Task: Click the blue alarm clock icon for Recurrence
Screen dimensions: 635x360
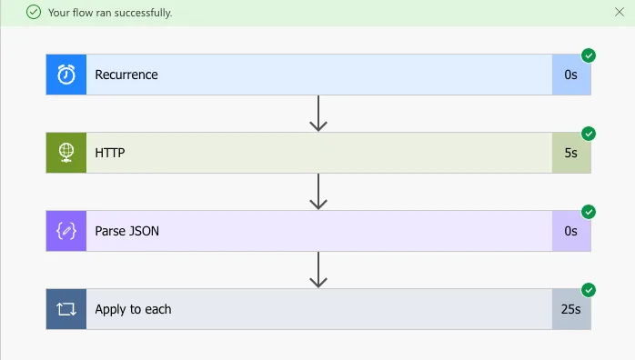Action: point(66,75)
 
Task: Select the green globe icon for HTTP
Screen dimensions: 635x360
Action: point(66,153)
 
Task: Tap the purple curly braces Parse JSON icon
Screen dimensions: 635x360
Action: point(66,231)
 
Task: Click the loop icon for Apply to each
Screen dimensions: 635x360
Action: point(66,309)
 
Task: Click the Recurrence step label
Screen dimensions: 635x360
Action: point(126,75)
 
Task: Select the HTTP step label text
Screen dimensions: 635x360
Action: point(110,153)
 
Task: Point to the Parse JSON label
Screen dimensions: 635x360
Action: point(127,231)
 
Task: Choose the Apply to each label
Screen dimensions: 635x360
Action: point(133,309)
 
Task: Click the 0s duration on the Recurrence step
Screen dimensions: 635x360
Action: point(570,75)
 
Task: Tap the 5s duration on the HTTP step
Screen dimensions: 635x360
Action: point(570,153)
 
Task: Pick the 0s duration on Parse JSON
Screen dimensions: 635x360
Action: point(570,231)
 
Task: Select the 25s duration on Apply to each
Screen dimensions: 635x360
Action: point(570,309)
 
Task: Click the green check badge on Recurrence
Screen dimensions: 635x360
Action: point(589,55)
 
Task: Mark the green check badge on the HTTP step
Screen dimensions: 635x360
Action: point(589,134)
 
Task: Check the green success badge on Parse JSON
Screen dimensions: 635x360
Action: point(589,212)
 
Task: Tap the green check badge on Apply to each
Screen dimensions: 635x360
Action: point(589,290)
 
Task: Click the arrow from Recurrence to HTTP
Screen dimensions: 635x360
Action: point(318,114)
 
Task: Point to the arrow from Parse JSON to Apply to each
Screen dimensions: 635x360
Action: point(318,270)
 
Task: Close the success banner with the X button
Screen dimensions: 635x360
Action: point(620,12)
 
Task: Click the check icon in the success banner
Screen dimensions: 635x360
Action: point(34,13)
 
